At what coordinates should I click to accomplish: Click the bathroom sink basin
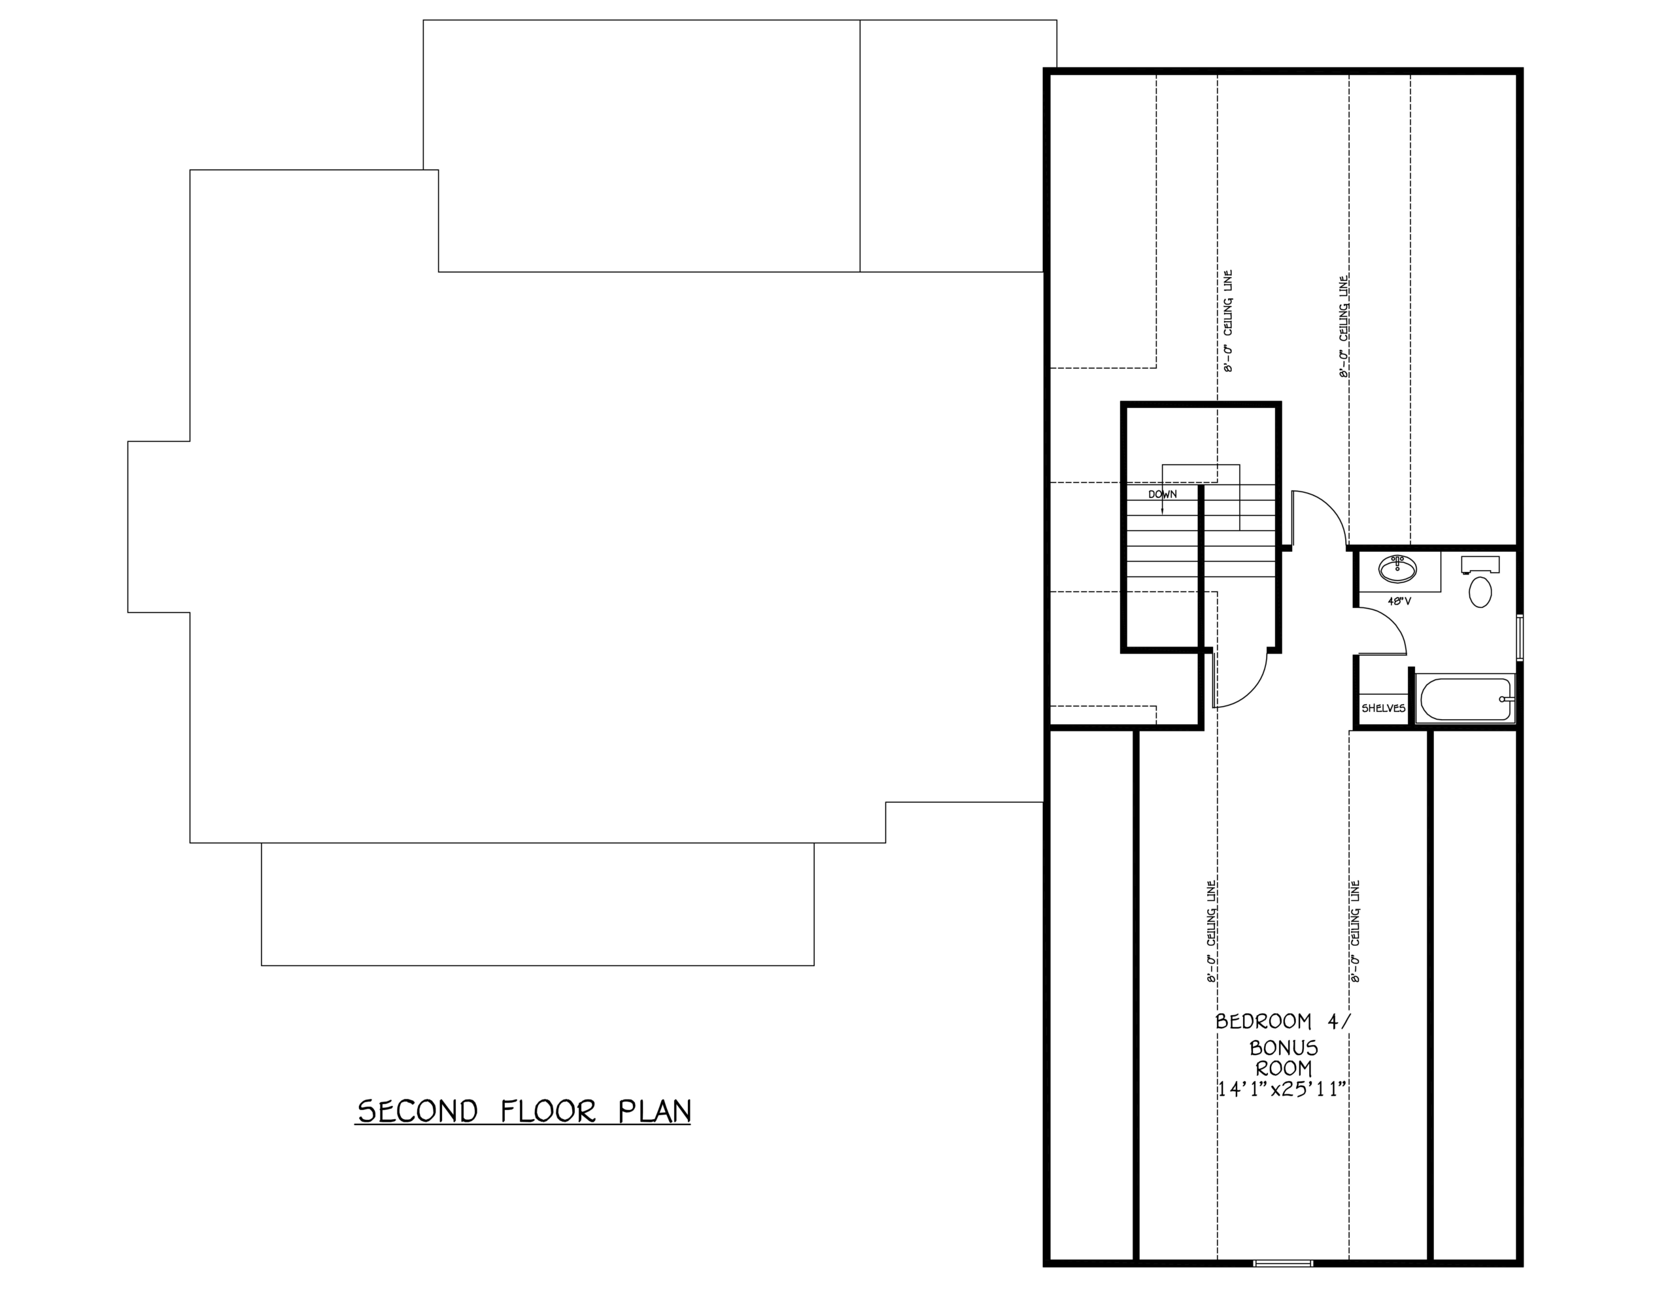[x=1397, y=569]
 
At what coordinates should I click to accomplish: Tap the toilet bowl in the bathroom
[x=1480, y=592]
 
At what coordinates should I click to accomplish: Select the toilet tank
[x=1480, y=565]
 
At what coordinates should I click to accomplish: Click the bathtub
[x=1464, y=698]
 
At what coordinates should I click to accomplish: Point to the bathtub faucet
[x=1506, y=699]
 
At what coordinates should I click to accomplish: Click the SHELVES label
[x=1384, y=708]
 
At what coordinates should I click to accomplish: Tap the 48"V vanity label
[x=1399, y=601]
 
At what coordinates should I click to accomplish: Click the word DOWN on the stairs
[x=1162, y=494]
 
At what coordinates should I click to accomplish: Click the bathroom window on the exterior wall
[x=1519, y=636]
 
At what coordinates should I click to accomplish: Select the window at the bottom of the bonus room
[x=1283, y=1263]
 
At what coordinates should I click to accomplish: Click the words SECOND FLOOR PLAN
[x=524, y=1111]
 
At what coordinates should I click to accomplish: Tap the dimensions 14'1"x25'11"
[x=1283, y=1089]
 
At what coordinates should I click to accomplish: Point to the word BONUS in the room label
[x=1284, y=1048]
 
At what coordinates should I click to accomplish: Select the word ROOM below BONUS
[x=1284, y=1067]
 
